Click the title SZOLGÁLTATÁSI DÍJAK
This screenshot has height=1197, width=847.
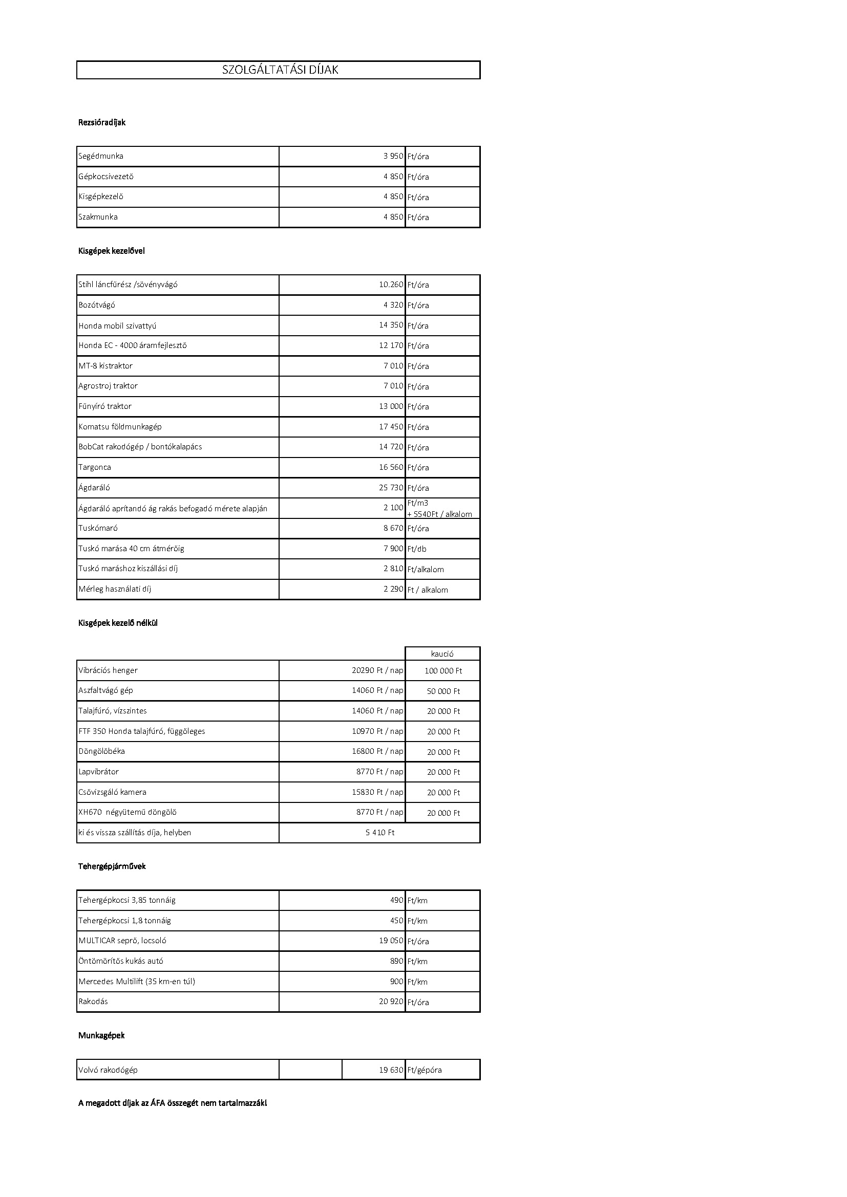pos(280,70)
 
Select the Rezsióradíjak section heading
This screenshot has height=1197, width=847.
pos(102,122)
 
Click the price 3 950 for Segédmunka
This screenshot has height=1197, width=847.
pos(393,156)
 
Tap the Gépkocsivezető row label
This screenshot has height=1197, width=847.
pos(106,176)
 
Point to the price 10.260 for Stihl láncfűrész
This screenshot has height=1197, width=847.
pos(391,285)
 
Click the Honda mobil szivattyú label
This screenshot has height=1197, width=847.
pos(117,326)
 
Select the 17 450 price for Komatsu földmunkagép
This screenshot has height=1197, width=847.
pos(391,427)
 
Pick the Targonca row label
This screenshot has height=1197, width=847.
pos(94,467)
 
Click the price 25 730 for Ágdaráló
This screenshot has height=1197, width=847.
pos(391,488)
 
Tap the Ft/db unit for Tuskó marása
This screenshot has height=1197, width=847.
pos(417,549)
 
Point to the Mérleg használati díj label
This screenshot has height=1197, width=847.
pos(115,589)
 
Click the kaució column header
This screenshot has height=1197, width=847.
pos(442,654)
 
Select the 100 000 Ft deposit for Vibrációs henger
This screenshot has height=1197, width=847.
pos(443,671)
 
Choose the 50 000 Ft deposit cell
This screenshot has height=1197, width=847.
pos(443,691)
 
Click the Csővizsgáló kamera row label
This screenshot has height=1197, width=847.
pos(112,792)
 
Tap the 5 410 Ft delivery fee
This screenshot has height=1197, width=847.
pos(379,833)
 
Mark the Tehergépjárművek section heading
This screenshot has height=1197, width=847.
pos(112,866)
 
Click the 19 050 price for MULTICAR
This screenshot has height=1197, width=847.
pos(391,941)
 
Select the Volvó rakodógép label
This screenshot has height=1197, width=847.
pos(108,1070)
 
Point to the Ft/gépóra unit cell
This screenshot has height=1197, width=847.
pos(425,1070)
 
